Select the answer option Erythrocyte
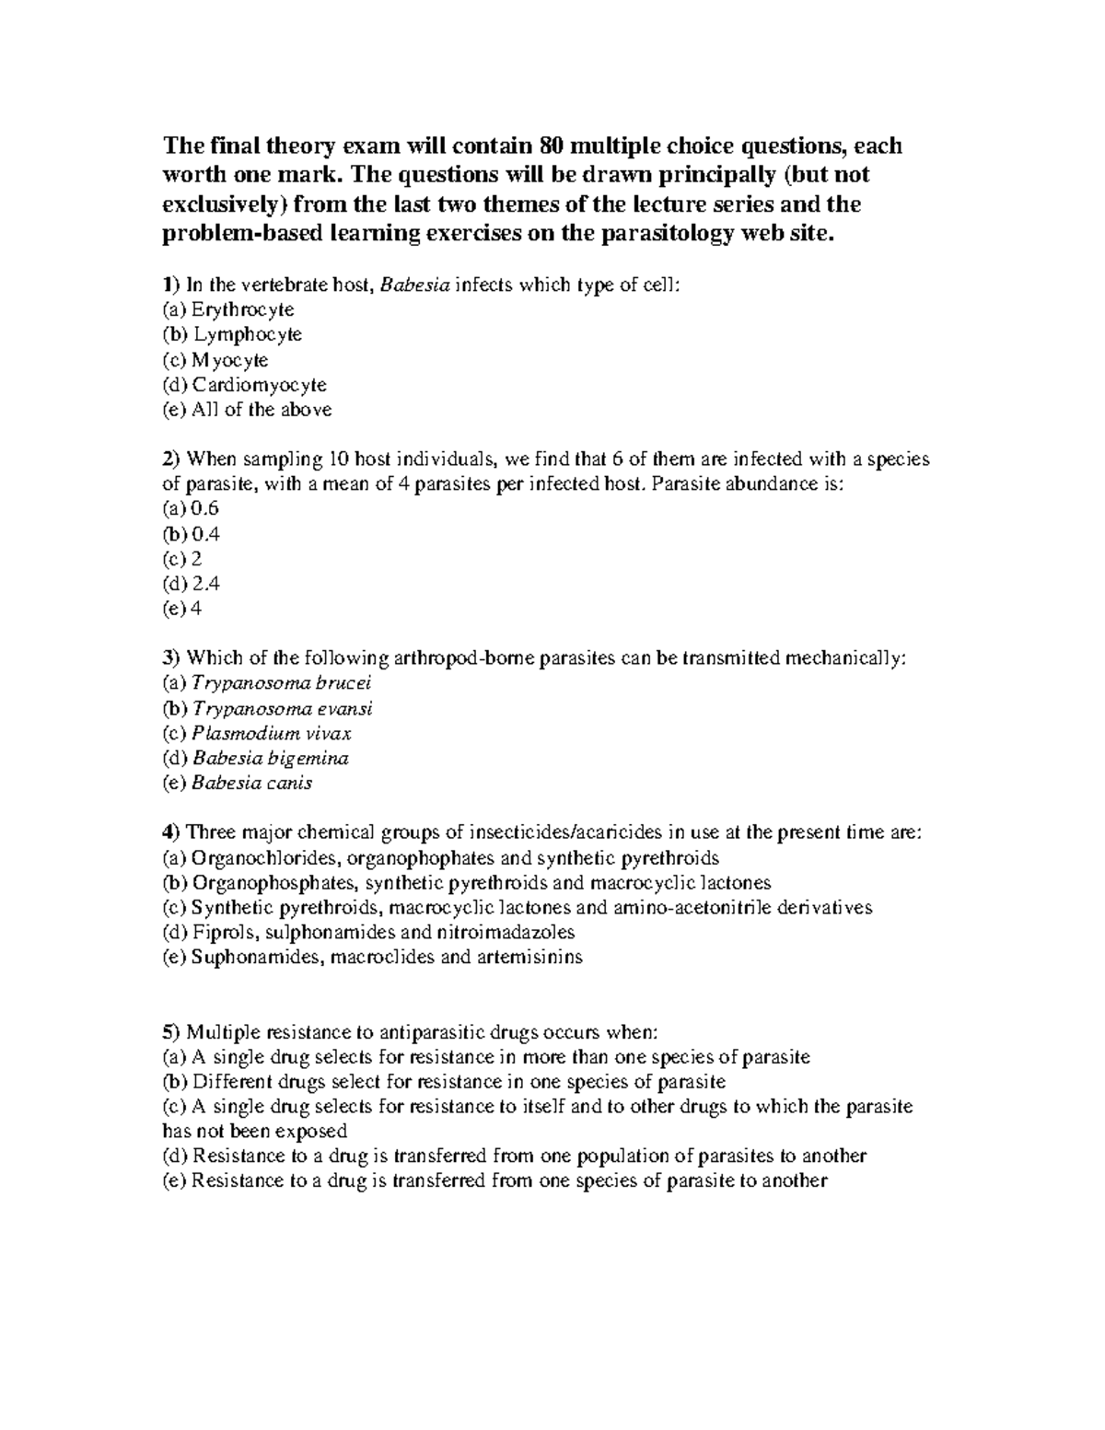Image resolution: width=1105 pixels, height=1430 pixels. pyautogui.click(x=242, y=310)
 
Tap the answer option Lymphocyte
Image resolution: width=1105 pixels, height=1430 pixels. pyautogui.click(x=247, y=335)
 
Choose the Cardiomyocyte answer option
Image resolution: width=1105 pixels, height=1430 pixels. pyautogui.click(x=259, y=385)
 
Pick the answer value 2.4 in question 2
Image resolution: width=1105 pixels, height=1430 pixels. pyautogui.click(x=205, y=584)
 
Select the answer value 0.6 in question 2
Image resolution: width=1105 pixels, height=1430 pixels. pyautogui.click(x=205, y=509)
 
